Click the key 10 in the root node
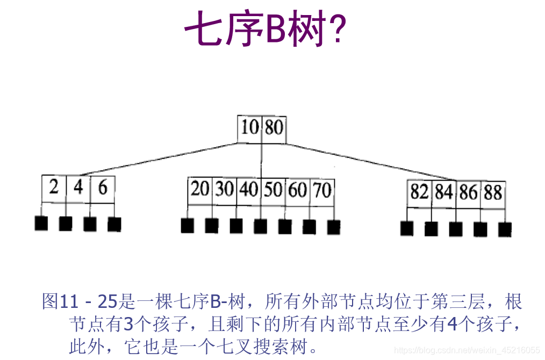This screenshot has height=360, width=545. (x=249, y=128)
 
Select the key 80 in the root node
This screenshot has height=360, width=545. (x=273, y=128)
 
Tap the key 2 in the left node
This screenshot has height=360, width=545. (x=54, y=188)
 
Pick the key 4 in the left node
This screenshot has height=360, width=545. (x=78, y=188)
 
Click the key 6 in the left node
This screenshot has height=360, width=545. (x=102, y=188)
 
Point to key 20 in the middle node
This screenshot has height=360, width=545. (x=200, y=190)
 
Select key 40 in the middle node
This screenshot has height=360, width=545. (x=248, y=190)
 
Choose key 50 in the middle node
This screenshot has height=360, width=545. (x=272, y=190)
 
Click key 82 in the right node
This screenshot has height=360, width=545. (x=419, y=192)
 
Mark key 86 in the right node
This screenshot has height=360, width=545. (x=468, y=192)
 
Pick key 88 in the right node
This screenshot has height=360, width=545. (x=492, y=192)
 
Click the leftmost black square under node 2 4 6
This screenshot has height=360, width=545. (x=41, y=224)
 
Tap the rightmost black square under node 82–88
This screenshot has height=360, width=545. (x=505, y=229)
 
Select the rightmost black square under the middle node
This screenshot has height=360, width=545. (x=334, y=227)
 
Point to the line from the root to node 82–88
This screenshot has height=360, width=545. (x=371, y=161)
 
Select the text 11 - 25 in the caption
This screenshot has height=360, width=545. (x=88, y=302)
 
